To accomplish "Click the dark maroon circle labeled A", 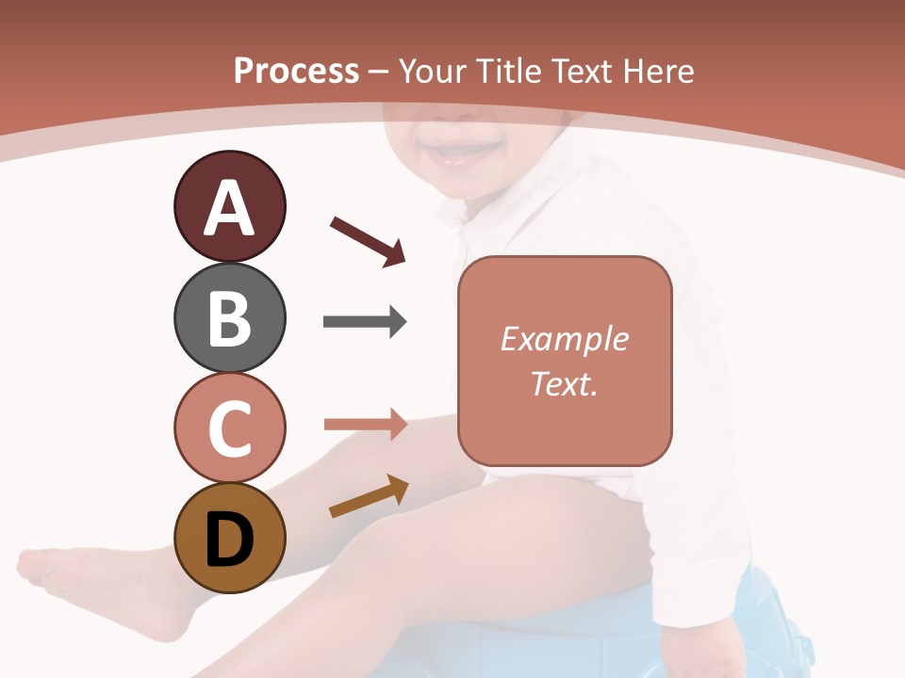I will click(229, 206).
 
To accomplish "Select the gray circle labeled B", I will click(229, 317).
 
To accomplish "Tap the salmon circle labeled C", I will click(229, 428).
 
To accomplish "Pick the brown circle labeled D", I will click(229, 538).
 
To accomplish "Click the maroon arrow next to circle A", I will click(368, 240).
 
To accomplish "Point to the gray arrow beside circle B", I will click(364, 322).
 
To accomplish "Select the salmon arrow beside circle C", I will click(365, 425).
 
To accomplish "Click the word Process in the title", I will click(296, 71).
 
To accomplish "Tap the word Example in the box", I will click(564, 339).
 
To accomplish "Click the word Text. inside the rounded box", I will click(564, 383).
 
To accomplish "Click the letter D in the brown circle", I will click(229, 540).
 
